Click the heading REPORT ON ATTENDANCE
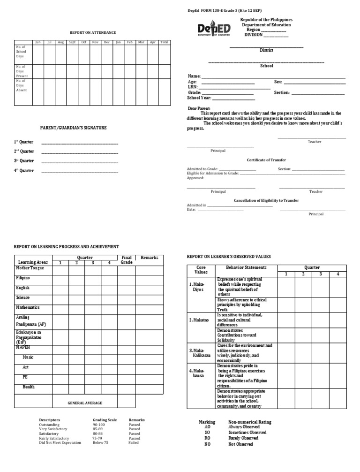(93, 32)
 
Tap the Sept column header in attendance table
(72, 42)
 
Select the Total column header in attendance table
(164, 42)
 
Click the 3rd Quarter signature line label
(23, 161)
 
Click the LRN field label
(192, 87)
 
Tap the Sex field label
(278, 82)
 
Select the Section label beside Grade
(282, 93)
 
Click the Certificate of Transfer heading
(266, 160)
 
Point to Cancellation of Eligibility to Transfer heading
(266, 200)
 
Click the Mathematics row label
(28, 307)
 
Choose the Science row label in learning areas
(22, 297)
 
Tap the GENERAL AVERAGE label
(85, 403)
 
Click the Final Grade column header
(127, 260)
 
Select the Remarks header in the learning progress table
(150, 258)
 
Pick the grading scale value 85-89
(99, 429)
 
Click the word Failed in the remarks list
(134, 442)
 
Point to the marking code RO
(208, 438)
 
